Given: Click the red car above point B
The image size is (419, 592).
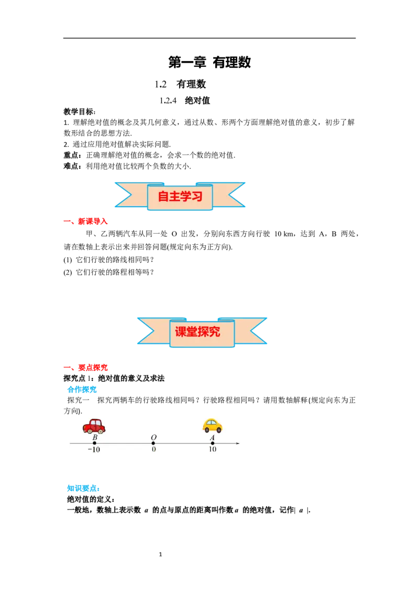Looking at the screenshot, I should [x=94, y=426].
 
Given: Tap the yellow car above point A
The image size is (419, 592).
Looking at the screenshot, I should [x=212, y=425].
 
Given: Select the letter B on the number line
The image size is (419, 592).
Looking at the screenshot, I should [x=95, y=438].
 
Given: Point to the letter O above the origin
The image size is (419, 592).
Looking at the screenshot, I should [x=153, y=438].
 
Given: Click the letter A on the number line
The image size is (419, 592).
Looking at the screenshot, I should [x=212, y=438].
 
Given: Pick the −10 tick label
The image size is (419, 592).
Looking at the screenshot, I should [x=94, y=449].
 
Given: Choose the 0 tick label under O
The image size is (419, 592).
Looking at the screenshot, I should [x=153, y=449].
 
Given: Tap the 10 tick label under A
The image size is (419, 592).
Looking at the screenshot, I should [x=212, y=449].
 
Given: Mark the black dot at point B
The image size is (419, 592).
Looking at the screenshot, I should [x=94, y=443].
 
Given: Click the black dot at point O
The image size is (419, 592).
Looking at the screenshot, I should [x=153, y=443].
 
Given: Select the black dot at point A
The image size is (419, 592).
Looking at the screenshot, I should [x=212, y=443].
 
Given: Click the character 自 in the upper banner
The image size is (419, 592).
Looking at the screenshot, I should [x=163, y=197].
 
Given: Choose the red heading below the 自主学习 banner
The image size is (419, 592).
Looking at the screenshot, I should [x=86, y=222].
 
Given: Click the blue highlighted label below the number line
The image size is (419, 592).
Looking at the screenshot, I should [x=83, y=488].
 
